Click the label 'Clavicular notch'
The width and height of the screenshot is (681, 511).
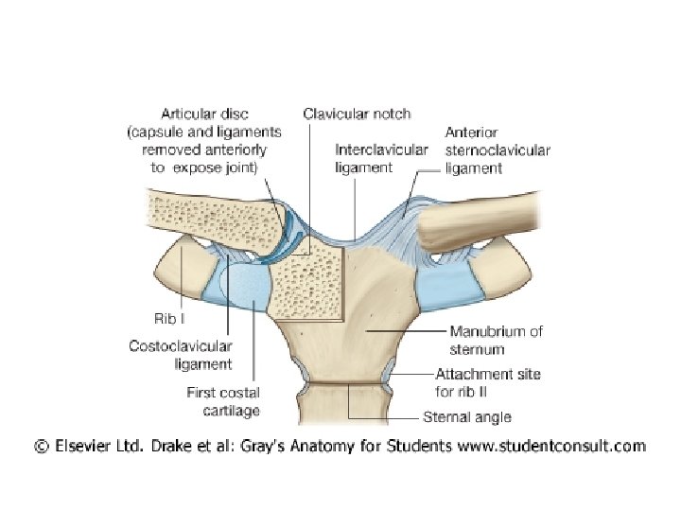[x=357, y=114]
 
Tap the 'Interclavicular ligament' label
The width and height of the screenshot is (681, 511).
[x=381, y=158]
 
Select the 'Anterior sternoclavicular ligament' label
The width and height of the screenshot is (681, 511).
[x=498, y=150]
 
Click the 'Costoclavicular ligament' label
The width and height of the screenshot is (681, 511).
[x=181, y=355]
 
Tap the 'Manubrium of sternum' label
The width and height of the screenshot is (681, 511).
[x=496, y=338]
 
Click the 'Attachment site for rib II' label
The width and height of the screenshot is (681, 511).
[x=488, y=382]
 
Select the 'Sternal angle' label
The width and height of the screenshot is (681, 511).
[x=466, y=416]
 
